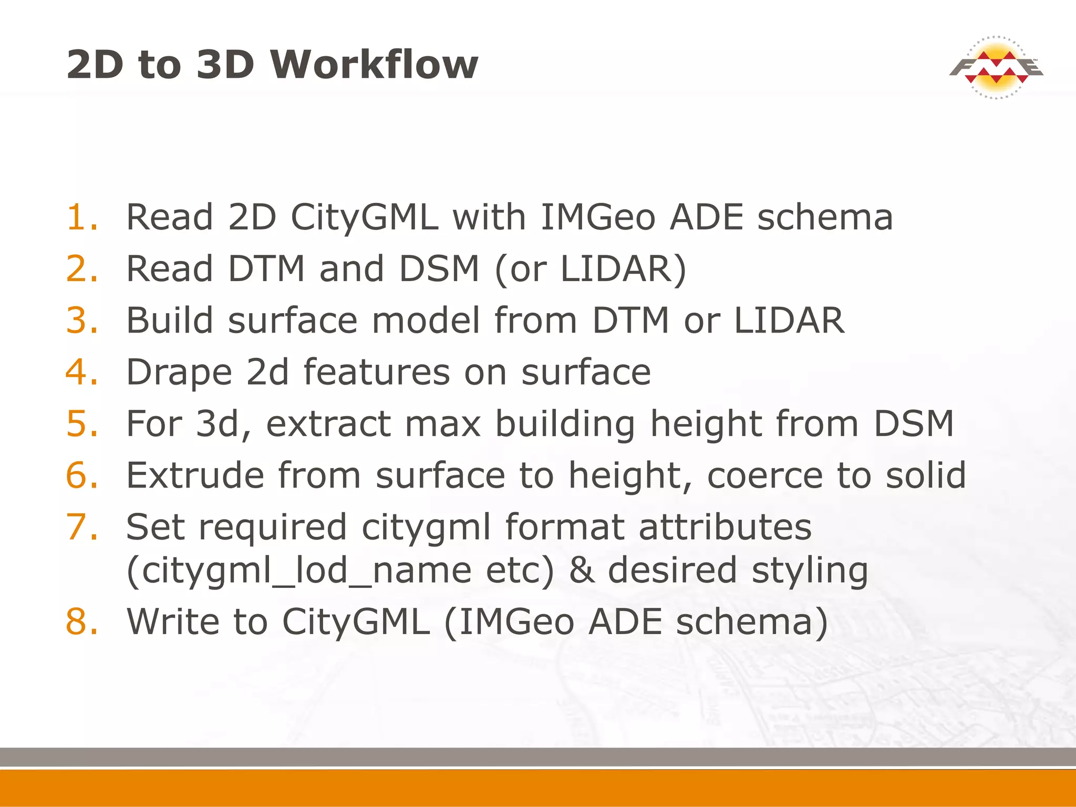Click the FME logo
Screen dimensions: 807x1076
click(x=996, y=68)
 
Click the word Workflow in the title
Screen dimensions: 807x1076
click(x=374, y=65)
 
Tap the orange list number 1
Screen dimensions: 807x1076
click(x=82, y=217)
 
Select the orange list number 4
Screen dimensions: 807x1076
click(x=82, y=372)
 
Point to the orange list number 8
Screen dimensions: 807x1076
click(x=82, y=622)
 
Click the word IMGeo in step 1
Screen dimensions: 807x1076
click(x=598, y=217)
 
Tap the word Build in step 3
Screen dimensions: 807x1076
click(x=170, y=320)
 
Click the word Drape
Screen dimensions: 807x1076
click(x=179, y=372)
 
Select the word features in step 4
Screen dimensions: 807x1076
click(x=377, y=372)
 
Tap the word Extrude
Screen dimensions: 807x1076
click(x=195, y=475)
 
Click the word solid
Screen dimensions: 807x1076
click(x=926, y=475)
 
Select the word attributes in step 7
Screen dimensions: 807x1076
click(x=725, y=527)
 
